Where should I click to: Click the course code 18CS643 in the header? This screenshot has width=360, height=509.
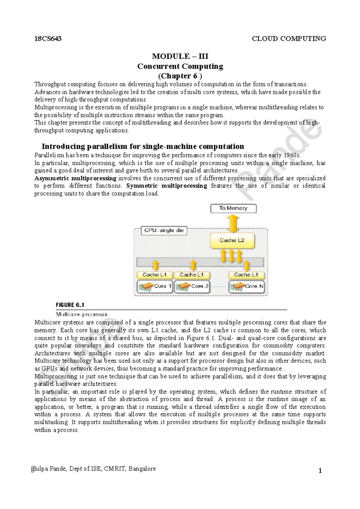pyautogui.click(x=48, y=39)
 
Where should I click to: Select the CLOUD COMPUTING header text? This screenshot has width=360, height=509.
pyautogui.click(x=289, y=39)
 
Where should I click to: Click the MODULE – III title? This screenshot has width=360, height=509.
pyautogui.click(x=180, y=56)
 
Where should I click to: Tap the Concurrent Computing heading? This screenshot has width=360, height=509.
pyautogui.click(x=180, y=66)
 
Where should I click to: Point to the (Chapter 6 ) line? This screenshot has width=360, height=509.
pyautogui.click(x=180, y=76)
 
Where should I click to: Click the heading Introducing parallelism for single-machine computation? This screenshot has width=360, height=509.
pyautogui.click(x=143, y=146)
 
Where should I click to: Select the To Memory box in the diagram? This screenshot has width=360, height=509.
pyautogui.click(x=233, y=208)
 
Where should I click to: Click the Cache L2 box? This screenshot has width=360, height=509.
pyautogui.click(x=232, y=240)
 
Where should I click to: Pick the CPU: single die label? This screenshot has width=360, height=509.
pyautogui.click(x=163, y=231)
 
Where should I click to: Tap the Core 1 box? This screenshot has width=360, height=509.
pyautogui.click(x=154, y=286)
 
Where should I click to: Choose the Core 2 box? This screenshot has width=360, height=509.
pyautogui.click(x=192, y=286)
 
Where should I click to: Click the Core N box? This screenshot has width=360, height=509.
pyautogui.click(x=247, y=286)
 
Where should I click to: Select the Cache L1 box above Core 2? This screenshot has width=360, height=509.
pyautogui.click(x=192, y=275)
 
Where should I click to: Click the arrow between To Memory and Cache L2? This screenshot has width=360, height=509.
pyautogui.click(x=233, y=223)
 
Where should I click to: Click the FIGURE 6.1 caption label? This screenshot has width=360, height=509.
pyautogui.click(x=70, y=305)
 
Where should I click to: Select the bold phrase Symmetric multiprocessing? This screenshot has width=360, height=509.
pyautogui.click(x=167, y=186)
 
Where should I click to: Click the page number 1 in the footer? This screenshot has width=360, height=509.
pyautogui.click(x=320, y=471)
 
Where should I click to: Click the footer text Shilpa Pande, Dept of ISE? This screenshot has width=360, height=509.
pyautogui.click(x=78, y=469)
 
